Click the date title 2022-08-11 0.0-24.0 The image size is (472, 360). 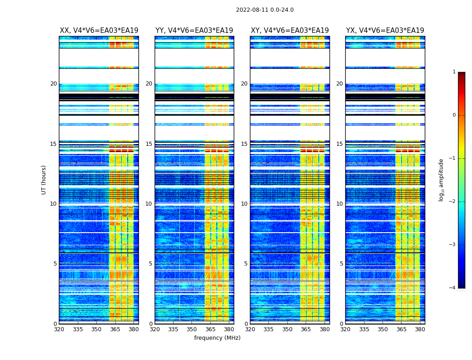point(265,10)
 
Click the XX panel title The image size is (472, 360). point(99,31)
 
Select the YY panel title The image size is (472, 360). point(194,31)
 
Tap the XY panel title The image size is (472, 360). point(289,31)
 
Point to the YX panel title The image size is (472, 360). point(385,31)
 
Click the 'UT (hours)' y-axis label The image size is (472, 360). point(44,180)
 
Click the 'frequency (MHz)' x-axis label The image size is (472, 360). point(217,338)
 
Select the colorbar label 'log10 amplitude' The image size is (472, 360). point(441,180)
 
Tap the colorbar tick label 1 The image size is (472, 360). point(454,72)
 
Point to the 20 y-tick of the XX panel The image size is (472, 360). point(53,84)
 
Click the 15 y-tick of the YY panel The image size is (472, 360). point(149,144)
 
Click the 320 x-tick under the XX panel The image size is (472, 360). point(59,329)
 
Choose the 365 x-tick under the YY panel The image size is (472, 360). point(210,329)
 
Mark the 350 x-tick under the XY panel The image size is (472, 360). point(287,329)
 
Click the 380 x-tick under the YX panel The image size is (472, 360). point(420,329)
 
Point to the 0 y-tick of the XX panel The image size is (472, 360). point(55,324)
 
